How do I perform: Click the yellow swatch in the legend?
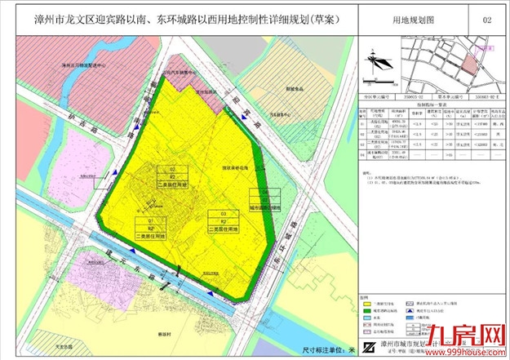pos(362,303)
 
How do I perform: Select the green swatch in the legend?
pos(362,311)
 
